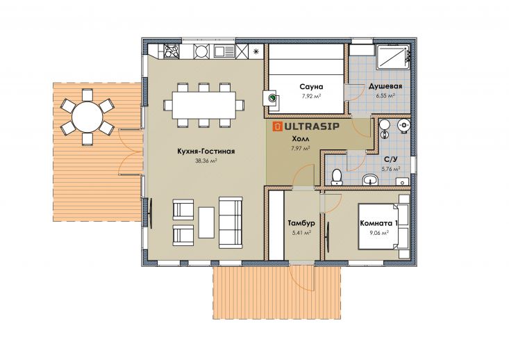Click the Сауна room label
coord(311,87)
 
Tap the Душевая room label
coord(385,86)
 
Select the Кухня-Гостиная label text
coord(206,152)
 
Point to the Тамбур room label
coord(301,223)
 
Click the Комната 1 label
coord(379,224)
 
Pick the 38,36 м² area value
coord(206,161)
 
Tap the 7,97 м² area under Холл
coord(300,148)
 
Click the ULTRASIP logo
coord(306,126)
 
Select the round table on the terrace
coord(87,117)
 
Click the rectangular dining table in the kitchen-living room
coord(204,105)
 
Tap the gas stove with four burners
coord(172,51)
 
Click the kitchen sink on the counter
coord(224,51)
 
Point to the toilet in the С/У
coord(337,177)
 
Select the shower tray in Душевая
coord(393,56)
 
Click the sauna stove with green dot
coord(271,98)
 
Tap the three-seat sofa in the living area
coord(231,222)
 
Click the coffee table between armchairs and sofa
coord(206,222)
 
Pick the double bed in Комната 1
coord(383,227)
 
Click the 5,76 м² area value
coord(390,169)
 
